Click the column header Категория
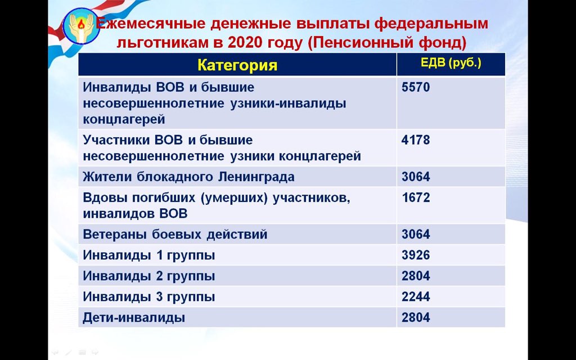pos(237,65)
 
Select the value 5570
pos(416,88)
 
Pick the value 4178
pos(416,139)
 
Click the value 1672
pos(416,198)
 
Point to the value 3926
pos(416,255)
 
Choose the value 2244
pos(416,296)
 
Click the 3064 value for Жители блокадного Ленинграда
pos(416,177)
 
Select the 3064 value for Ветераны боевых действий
pos(416,234)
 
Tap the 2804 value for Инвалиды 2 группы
pos(416,276)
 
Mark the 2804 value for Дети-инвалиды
pos(416,317)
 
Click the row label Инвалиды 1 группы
pos(148,255)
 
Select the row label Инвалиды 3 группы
pos(148,296)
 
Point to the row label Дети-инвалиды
pos(134,318)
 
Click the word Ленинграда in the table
pos(256,177)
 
